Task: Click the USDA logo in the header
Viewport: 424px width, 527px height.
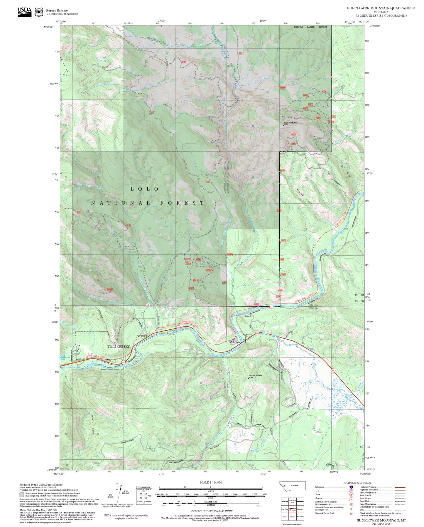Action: (x=24, y=12)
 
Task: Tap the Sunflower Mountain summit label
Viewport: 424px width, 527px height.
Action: (x=290, y=123)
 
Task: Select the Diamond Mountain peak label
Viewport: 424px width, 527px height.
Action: (x=255, y=376)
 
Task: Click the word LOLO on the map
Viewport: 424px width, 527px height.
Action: (x=144, y=189)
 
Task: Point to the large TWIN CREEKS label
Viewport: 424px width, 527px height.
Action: (x=119, y=347)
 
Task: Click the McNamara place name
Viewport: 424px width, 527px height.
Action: (x=237, y=343)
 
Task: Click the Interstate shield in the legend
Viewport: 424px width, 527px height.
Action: (x=351, y=487)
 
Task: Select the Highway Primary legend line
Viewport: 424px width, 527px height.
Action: (x=400, y=487)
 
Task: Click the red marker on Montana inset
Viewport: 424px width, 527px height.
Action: (x=285, y=486)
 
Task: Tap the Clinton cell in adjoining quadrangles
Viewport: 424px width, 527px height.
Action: (x=292, y=516)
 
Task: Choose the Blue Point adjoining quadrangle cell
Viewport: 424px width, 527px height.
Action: (x=285, y=509)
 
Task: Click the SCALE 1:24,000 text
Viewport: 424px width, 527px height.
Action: (x=210, y=482)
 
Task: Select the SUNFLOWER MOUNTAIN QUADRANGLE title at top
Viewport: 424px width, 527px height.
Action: (x=381, y=8)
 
